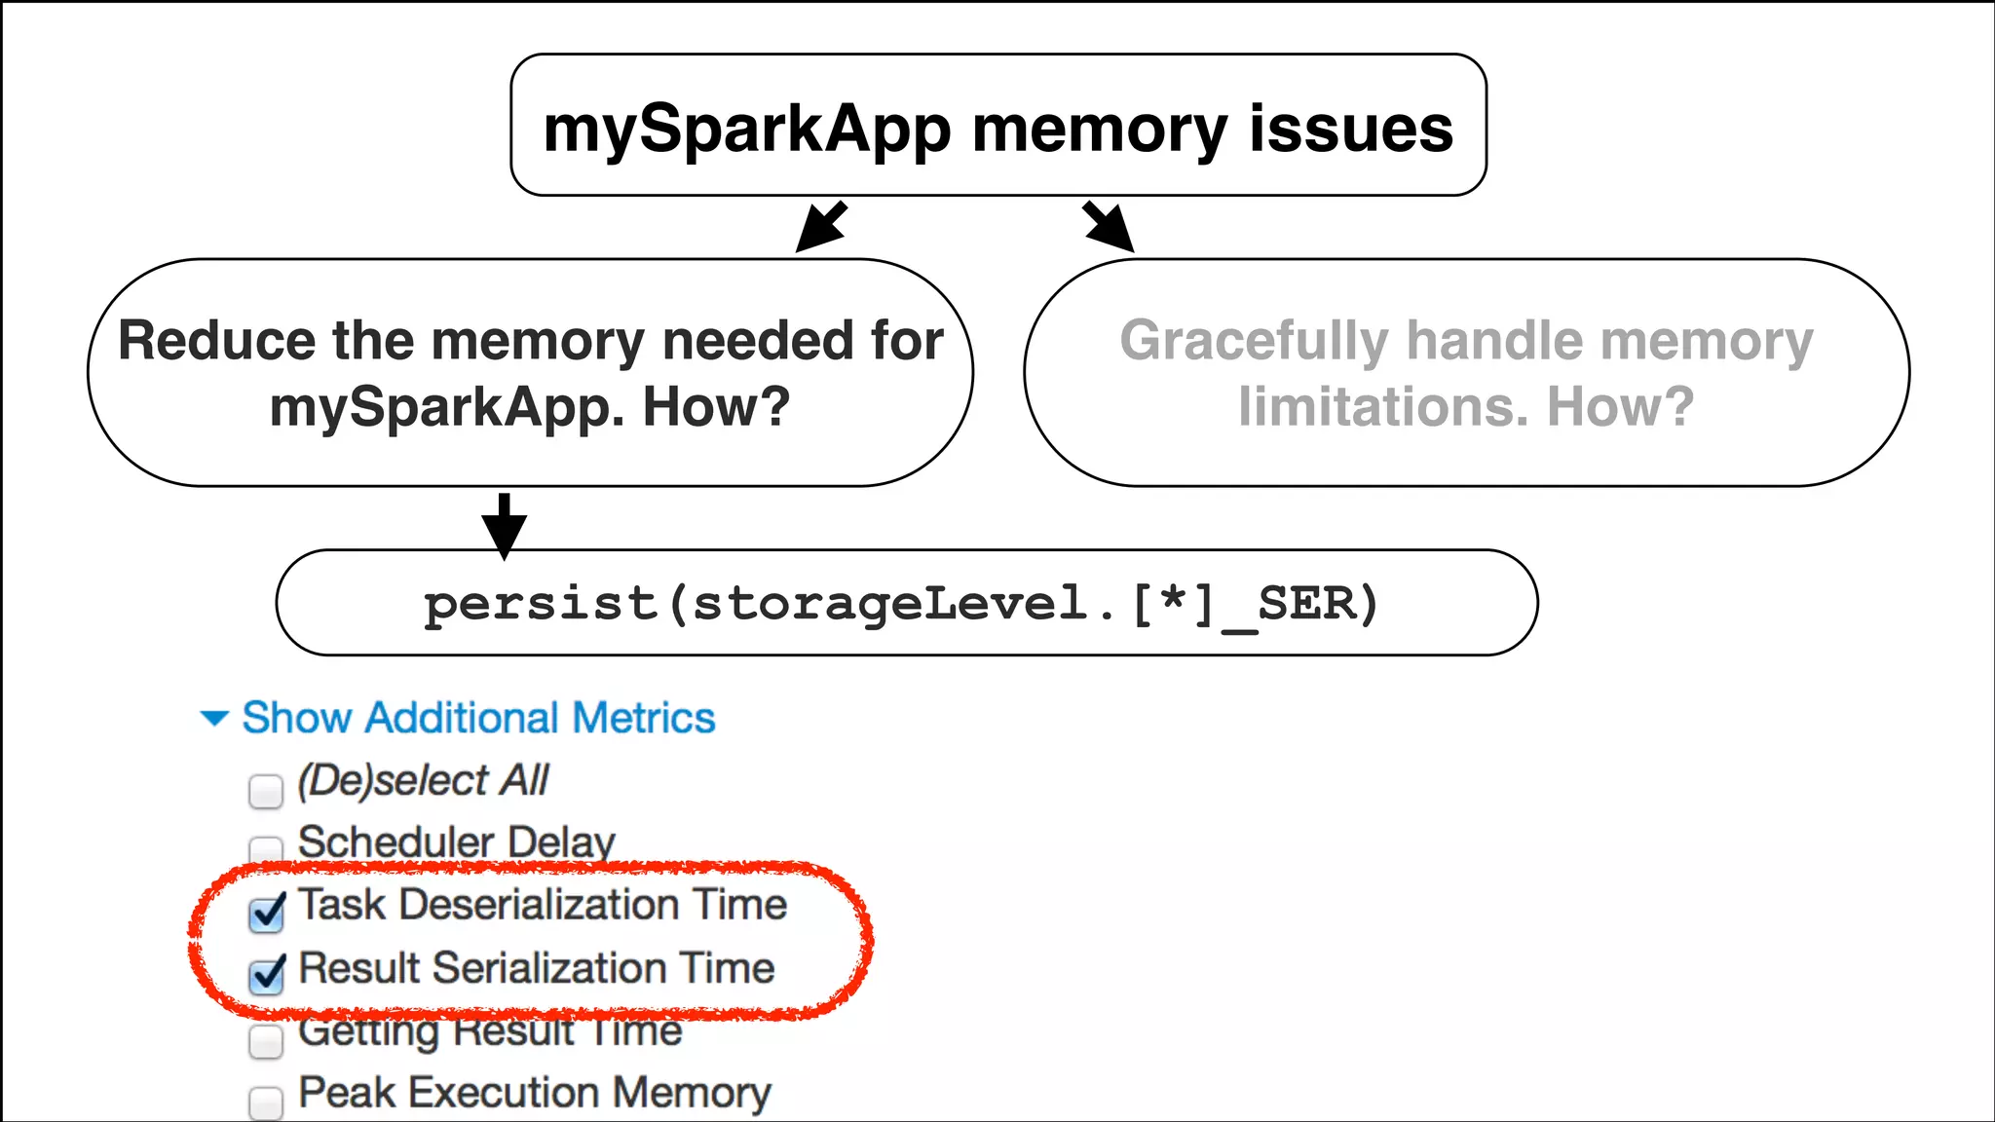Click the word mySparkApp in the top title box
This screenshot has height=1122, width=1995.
point(746,130)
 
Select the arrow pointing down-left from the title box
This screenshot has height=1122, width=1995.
point(821,227)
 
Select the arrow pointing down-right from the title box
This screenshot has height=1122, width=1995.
point(1109,227)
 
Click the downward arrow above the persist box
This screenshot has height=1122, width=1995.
point(504,526)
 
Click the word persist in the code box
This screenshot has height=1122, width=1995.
point(541,604)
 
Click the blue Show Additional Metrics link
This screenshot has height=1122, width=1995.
point(478,718)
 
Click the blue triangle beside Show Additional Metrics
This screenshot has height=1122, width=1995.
point(214,719)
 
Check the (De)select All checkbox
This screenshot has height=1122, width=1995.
point(265,791)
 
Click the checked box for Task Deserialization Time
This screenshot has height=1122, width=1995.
point(266,913)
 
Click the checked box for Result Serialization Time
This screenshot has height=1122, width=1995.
point(266,975)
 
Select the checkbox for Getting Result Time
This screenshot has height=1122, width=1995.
point(265,1040)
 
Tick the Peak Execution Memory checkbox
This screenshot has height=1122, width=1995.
point(265,1103)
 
